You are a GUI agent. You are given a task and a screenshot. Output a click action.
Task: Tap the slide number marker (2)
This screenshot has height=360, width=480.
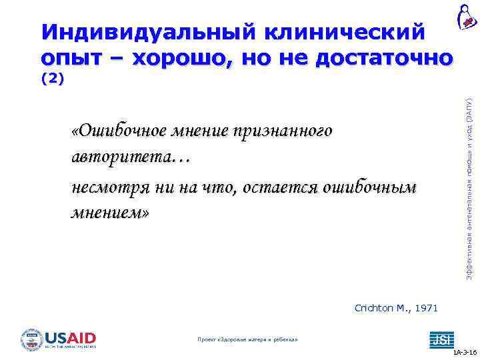click(x=52, y=79)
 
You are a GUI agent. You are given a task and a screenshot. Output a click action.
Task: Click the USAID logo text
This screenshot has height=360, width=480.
click(x=71, y=337)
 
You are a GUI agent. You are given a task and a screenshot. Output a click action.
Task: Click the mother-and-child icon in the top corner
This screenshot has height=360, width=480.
click(x=466, y=16)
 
